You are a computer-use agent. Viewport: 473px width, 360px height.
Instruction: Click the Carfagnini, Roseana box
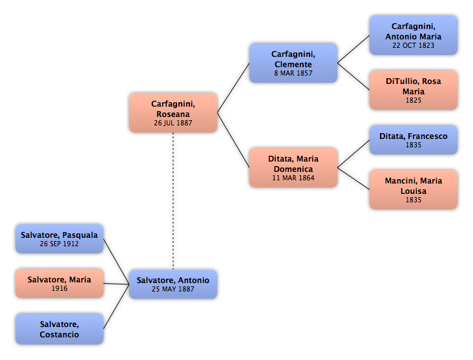tap(173, 112)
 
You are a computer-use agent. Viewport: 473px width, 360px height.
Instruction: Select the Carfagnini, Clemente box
tap(293, 63)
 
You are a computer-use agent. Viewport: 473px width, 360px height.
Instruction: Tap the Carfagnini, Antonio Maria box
tap(414, 36)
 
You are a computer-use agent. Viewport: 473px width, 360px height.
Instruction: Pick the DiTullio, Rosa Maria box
tap(414, 90)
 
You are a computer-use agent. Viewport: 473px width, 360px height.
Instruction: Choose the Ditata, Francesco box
tap(414, 140)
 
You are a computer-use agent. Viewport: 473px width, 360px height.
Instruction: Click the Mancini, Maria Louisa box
tap(414, 189)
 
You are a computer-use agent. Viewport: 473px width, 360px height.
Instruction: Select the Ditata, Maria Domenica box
tap(293, 167)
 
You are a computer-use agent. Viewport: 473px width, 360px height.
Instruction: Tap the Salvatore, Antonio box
tap(173, 284)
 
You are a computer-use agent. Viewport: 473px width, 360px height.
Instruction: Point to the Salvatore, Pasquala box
tap(59, 238)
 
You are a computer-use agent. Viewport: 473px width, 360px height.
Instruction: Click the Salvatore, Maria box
tap(59, 283)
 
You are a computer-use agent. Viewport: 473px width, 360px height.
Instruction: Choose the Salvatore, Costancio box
tap(59, 329)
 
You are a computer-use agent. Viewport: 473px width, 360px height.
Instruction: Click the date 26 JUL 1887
tap(173, 123)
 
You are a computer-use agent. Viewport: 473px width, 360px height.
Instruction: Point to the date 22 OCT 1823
tap(414, 45)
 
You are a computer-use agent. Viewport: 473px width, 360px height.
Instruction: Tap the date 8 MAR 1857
tap(293, 73)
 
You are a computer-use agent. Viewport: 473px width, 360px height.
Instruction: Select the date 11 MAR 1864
tap(293, 178)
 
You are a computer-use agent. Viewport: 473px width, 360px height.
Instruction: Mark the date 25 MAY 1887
tap(173, 289)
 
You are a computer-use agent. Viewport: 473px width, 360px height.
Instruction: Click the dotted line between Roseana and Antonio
tap(173, 201)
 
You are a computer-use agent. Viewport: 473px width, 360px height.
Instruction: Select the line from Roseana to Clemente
tap(233, 88)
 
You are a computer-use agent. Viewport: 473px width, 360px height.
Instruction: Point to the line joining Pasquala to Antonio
tap(116, 262)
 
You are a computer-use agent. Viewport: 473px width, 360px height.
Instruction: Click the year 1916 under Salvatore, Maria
tap(59, 288)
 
